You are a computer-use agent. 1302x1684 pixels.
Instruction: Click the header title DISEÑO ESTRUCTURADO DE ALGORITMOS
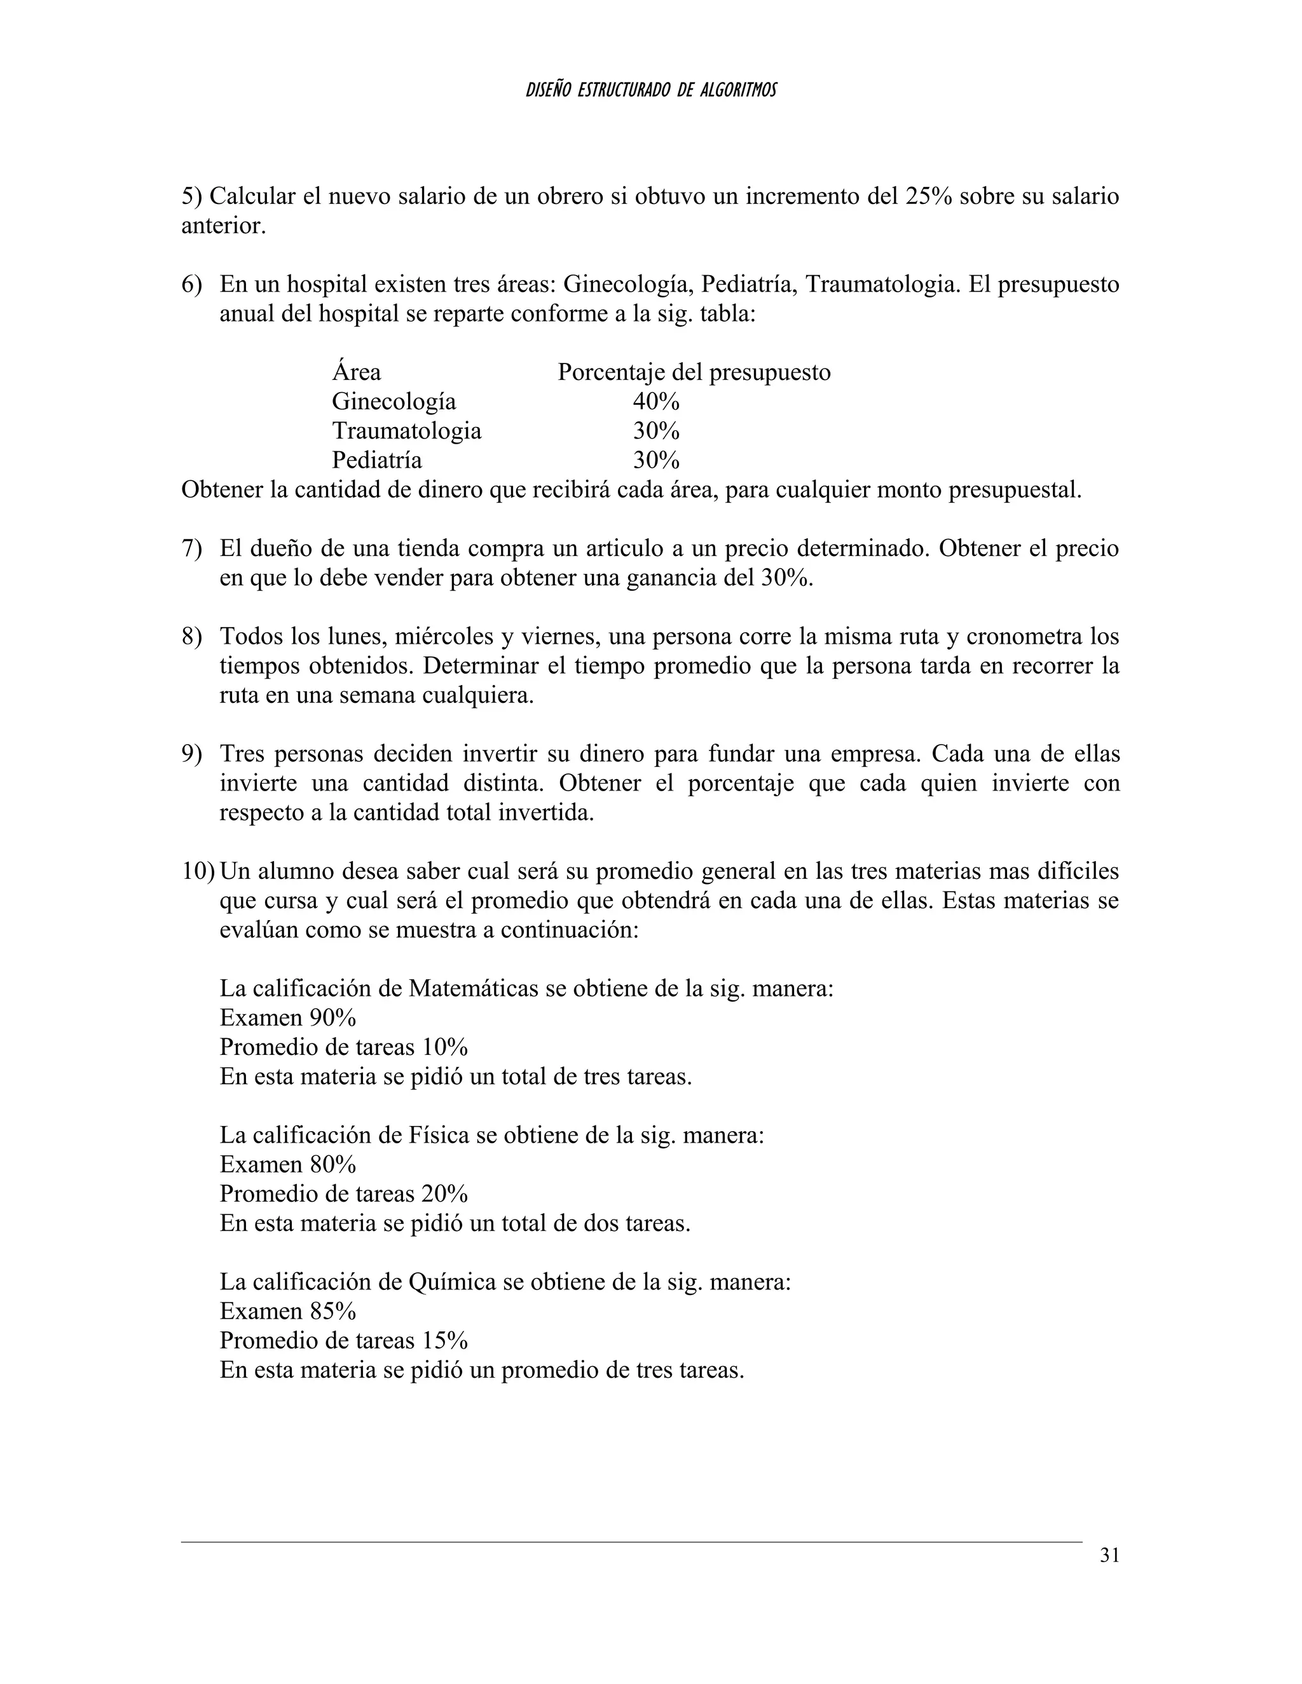[651, 91]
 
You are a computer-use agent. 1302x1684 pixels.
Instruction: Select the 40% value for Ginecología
[656, 402]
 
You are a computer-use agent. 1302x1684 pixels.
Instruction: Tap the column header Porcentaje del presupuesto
[694, 372]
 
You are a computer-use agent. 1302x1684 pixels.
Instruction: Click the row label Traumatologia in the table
[406, 430]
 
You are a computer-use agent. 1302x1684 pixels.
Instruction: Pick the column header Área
[357, 372]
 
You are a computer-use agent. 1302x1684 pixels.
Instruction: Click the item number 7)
[191, 549]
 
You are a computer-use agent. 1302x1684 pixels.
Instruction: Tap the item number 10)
[198, 871]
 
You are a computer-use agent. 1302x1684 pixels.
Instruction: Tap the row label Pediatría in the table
[376, 460]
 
